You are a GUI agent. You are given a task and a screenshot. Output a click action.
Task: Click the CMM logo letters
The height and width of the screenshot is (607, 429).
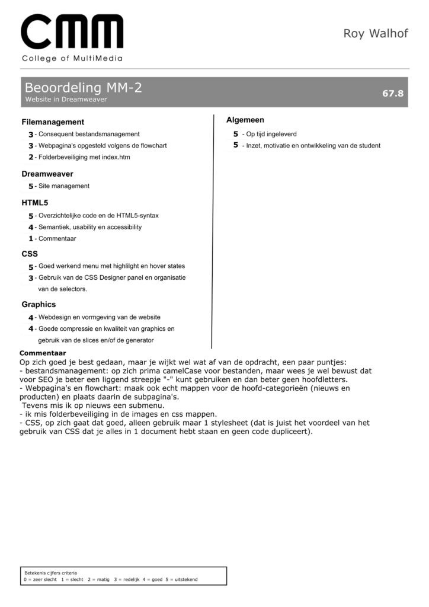coord(72,33)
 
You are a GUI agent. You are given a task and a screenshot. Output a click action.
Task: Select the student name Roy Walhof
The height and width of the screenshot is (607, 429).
coord(376,33)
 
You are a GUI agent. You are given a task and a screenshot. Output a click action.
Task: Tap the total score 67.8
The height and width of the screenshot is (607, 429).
coord(392,93)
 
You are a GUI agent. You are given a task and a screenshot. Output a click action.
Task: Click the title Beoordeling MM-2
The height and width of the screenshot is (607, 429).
coord(83,88)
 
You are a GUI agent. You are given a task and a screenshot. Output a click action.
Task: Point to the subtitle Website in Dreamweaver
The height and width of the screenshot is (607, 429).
coord(66,100)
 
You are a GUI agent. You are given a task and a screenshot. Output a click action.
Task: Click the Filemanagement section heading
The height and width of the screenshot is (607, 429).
coord(53,122)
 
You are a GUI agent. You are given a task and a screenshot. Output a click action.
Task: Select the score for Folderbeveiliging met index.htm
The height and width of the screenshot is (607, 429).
coord(31,158)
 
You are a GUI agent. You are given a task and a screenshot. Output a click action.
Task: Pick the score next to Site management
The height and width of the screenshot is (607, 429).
coord(31,186)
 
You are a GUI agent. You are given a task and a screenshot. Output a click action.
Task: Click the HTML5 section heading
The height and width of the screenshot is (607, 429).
coord(35,203)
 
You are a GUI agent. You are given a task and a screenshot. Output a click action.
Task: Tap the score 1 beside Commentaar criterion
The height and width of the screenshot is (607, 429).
coord(31,239)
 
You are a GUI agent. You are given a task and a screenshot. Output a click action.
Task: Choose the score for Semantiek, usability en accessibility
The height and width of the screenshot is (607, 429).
coord(31,227)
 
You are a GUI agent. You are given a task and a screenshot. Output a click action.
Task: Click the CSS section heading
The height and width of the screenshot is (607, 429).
coord(30,254)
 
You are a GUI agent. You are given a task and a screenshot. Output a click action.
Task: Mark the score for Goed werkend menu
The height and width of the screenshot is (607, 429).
coord(31,267)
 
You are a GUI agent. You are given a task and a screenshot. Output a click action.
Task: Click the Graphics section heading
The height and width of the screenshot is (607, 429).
coord(39,305)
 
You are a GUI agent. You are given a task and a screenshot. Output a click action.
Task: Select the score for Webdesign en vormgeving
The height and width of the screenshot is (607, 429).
coord(31,318)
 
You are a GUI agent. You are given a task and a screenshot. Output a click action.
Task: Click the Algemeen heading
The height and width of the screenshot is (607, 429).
coord(245,120)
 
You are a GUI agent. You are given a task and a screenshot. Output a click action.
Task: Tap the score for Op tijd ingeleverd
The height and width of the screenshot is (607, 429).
coord(235,134)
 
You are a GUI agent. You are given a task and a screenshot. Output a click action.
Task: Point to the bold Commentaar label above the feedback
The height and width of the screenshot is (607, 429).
coord(43,353)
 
